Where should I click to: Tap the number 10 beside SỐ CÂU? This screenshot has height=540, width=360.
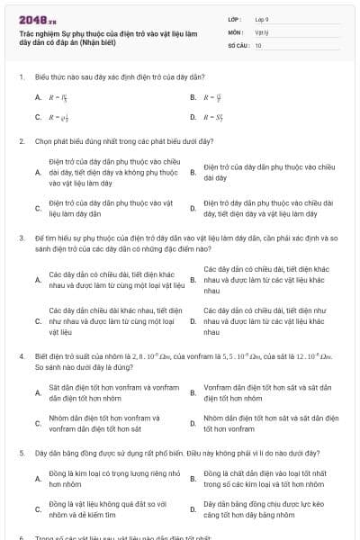point(259,44)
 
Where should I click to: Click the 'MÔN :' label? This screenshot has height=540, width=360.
point(236,31)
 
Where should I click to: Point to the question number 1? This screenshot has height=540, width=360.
point(21,77)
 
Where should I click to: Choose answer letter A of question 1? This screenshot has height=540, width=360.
point(37,96)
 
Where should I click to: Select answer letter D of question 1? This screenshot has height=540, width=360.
point(193,117)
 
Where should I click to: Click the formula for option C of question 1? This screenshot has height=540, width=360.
point(57,117)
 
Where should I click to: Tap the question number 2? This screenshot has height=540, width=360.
point(21,141)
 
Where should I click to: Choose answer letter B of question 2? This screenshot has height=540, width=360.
point(193,172)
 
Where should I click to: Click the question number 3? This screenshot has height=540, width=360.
point(21,238)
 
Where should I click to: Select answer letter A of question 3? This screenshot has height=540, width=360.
point(37,279)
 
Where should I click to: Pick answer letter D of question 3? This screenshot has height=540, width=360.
point(193,320)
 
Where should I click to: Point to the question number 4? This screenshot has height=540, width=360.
point(21,356)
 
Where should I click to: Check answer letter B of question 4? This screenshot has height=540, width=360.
point(193,391)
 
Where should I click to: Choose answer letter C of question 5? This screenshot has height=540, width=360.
point(37,509)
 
